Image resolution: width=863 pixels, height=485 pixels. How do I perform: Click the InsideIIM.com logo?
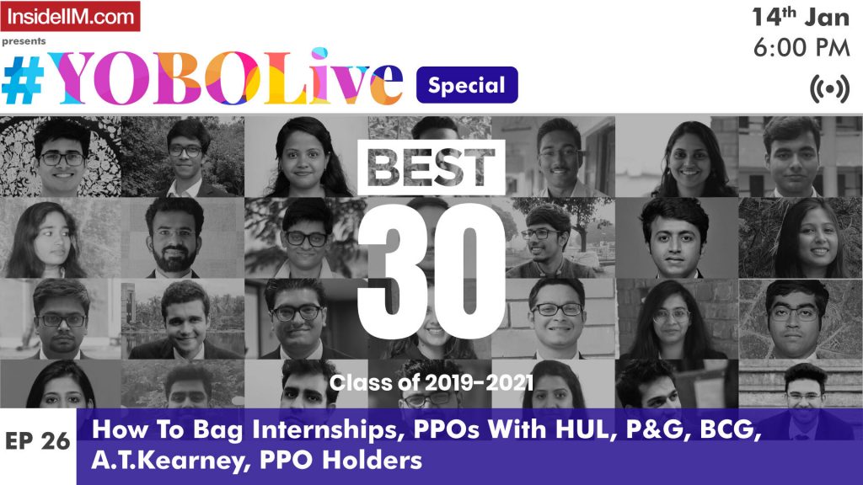click(x=71, y=16)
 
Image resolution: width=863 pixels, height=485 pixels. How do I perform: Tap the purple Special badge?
click(x=467, y=84)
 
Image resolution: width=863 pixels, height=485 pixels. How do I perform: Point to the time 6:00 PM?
click(x=801, y=49)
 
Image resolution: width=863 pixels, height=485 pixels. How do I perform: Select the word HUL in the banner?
click(x=549, y=429)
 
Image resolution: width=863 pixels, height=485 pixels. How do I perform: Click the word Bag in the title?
click(x=192, y=429)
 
